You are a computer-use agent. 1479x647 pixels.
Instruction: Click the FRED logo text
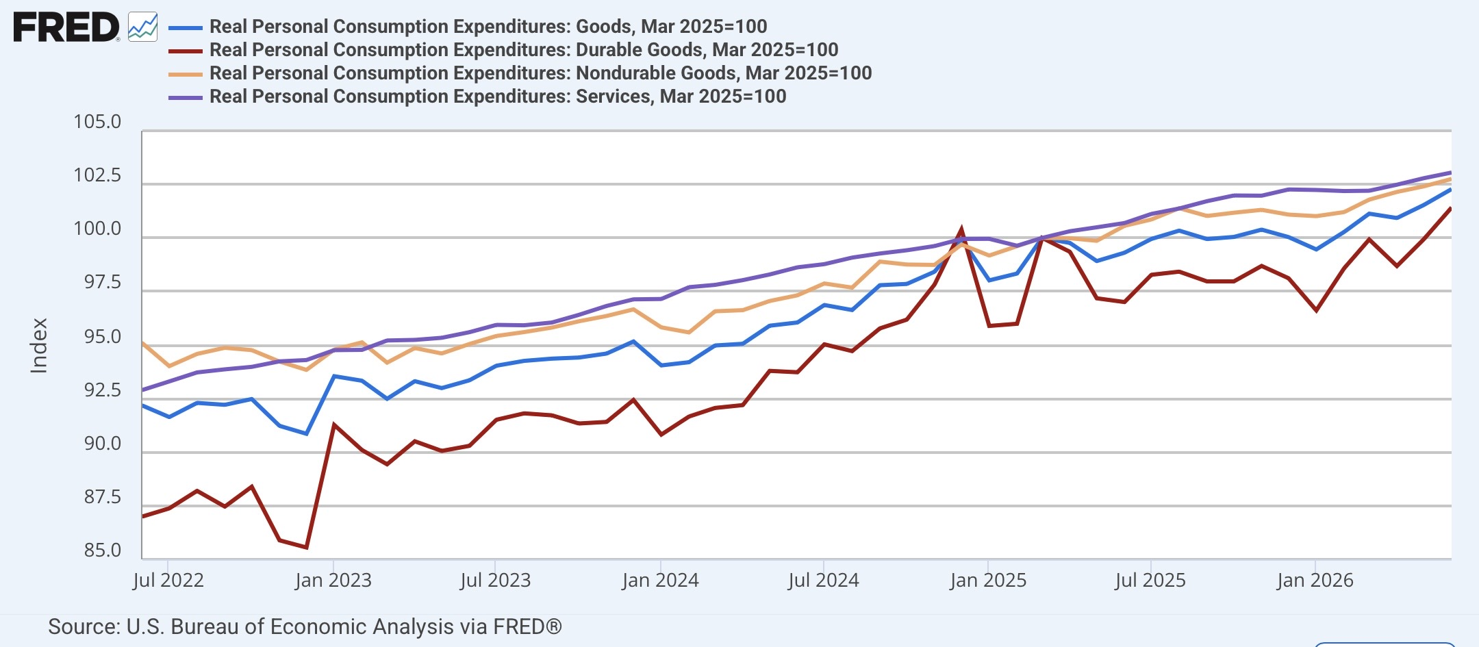66,27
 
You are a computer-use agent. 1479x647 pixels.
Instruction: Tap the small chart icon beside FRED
142,27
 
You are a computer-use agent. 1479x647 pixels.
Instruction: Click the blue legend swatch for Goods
185,28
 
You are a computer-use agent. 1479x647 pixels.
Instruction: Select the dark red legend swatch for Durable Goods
185,51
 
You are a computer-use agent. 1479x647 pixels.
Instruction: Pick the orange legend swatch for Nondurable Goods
185,75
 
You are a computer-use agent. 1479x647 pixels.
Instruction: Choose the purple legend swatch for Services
185,98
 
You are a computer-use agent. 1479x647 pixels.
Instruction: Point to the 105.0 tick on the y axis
97,122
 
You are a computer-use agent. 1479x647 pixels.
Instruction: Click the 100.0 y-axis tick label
97,229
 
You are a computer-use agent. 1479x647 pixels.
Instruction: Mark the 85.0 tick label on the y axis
102,550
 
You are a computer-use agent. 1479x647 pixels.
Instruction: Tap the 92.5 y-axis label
102,390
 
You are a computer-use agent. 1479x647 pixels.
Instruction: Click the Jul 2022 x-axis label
168,581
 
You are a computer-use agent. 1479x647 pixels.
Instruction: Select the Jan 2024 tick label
660,581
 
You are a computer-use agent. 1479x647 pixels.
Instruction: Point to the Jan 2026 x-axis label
1315,581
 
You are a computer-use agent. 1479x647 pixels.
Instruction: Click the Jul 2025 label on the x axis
1150,581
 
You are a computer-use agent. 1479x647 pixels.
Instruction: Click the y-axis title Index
39,346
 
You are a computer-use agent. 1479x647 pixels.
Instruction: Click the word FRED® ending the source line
527,626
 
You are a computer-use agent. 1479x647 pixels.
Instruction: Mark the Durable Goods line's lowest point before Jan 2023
306,547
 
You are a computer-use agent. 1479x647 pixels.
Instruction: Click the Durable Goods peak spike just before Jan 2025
961,229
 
